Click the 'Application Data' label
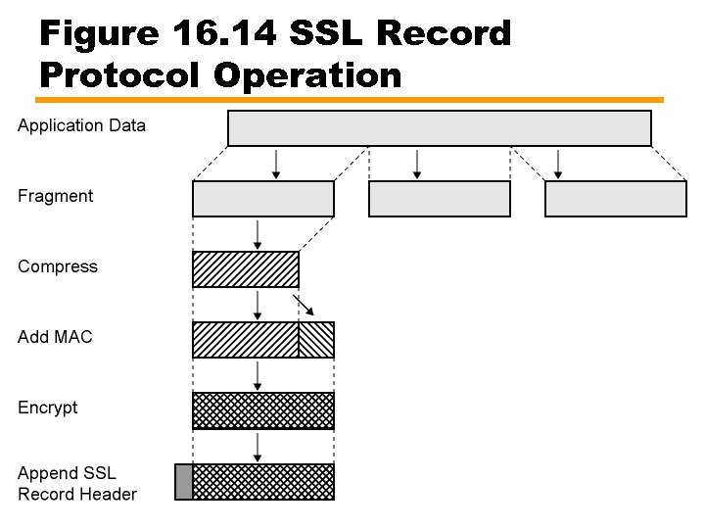click(81, 125)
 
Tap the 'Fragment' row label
click(55, 196)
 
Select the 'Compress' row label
click(58, 266)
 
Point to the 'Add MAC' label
click(55, 337)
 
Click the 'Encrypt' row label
click(48, 408)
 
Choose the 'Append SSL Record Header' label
click(77, 484)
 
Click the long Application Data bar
click(439, 128)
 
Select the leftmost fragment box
click(262, 199)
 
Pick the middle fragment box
click(439, 199)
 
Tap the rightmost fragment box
click(615, 199)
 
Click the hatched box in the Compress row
click(245, 269)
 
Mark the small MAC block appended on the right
click(315, 340)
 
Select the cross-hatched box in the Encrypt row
click(262, 410)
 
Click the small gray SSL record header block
click(183, 482)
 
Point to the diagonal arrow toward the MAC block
click(304, 305)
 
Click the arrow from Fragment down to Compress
click(258, 234)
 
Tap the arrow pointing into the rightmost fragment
click(558, 164)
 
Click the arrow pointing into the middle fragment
click(417, 164)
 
